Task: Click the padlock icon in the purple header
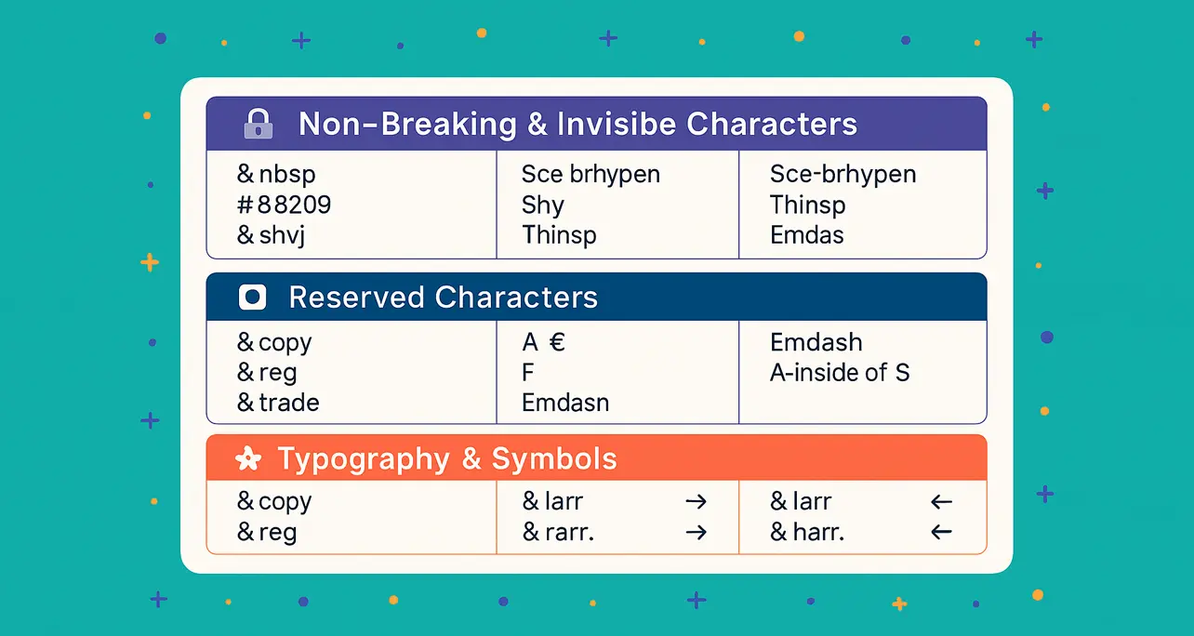(259, 125)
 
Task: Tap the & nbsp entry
(276, 174)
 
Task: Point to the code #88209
(284, 205)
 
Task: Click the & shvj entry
(272, 235)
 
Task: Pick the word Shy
(543, 205)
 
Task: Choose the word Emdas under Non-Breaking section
(806, 235)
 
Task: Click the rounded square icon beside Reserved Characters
(252, 297)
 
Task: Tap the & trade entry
(278, 403)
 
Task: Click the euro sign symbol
(557, 342)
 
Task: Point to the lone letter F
(527, 372)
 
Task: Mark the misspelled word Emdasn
(565, 403)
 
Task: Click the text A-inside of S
(840, 372)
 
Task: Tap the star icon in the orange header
(248, 458)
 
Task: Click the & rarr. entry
(558, 532)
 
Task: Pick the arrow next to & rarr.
(696, 532)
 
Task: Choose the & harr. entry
(807, 532)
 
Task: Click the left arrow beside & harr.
(941, 532)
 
